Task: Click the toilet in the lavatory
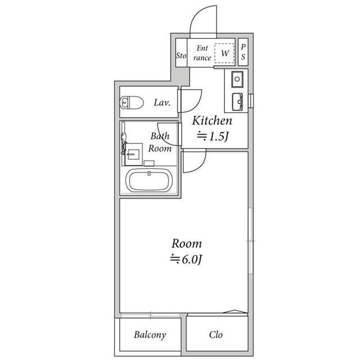click(x=132, y=102)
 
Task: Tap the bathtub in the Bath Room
click(x=149, y=181)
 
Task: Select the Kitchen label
click(x=212, y=120)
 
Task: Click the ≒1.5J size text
click(x=213, y=136)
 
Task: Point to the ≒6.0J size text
click(x=186, y=259)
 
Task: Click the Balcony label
click(x=150, y=335)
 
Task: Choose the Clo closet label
click(x=216, y=335)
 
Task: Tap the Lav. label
click(x=162, y=102)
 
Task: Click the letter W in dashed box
click(x=225, y=53)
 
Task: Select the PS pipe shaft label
click(x=243, y=52)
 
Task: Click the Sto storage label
click(x=181, y=55)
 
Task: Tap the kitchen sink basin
click(x=237, y=102)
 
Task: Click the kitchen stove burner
click(x=237, y=79)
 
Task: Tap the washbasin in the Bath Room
click(x=133, y=154)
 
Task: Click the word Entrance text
click(x=202, y=53)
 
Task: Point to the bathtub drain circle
click(x=149, y=174)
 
